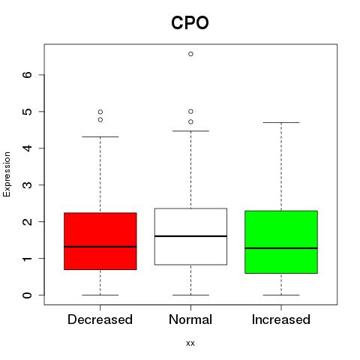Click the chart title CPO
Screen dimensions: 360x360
190,22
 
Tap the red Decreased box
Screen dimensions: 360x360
100,241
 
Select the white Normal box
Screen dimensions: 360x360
190,236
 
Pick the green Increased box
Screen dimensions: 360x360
281,242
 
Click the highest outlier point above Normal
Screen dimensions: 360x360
190,54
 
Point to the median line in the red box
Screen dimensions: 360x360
100,247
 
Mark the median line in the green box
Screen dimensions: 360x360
281,248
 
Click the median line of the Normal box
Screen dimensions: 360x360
190,236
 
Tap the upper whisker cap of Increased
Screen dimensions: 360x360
281,122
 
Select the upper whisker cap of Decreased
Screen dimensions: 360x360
100,136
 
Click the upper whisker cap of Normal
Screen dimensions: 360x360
190,131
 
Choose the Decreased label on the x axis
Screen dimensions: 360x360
100,319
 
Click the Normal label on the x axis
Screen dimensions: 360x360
190,319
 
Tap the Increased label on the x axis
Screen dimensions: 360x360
281,319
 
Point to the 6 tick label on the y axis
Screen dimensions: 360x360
28,75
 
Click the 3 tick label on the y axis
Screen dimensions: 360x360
28,185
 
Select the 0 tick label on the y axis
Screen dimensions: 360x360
28,295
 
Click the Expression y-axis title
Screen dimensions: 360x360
7,174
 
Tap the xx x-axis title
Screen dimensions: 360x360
190,343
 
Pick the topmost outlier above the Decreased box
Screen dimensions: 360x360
100,112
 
